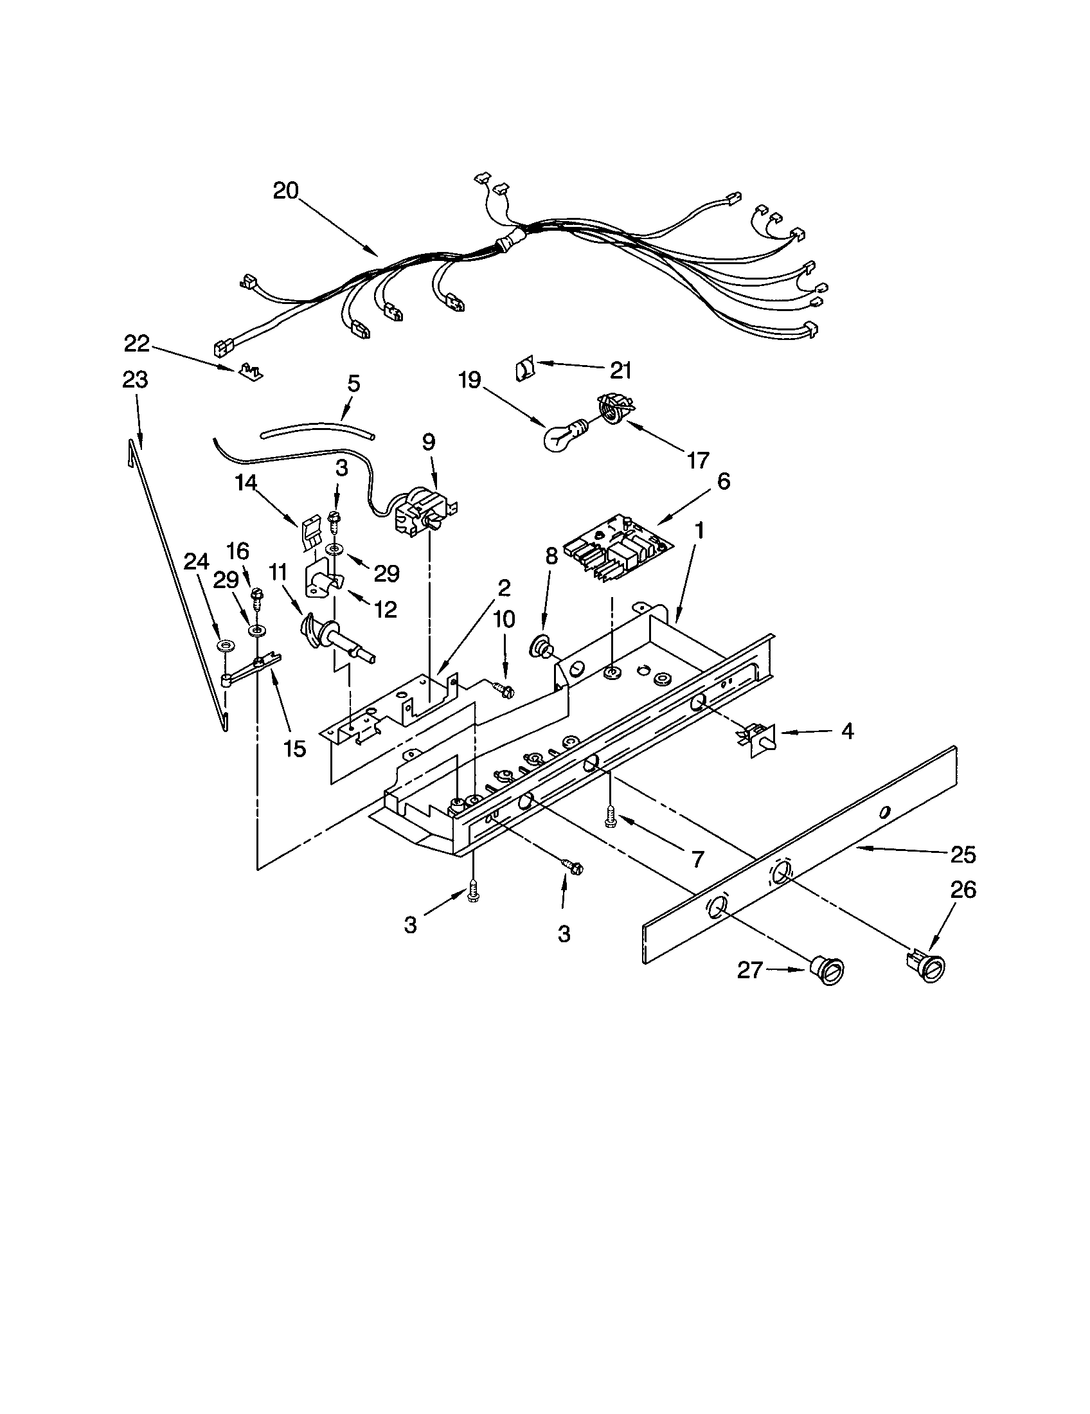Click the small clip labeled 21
point(524,370)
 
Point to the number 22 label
point(137,344)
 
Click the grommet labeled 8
point(541,647)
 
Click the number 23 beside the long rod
point(134,379)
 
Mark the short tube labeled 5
point(317,431)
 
